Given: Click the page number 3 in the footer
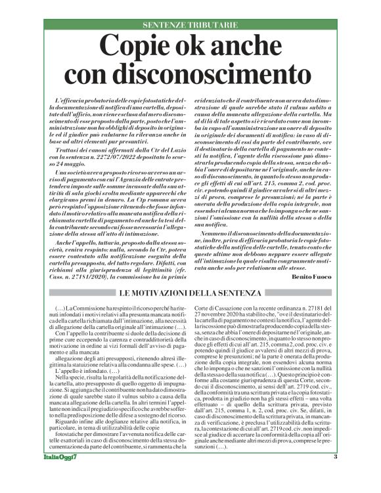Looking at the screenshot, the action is (335, 475).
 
